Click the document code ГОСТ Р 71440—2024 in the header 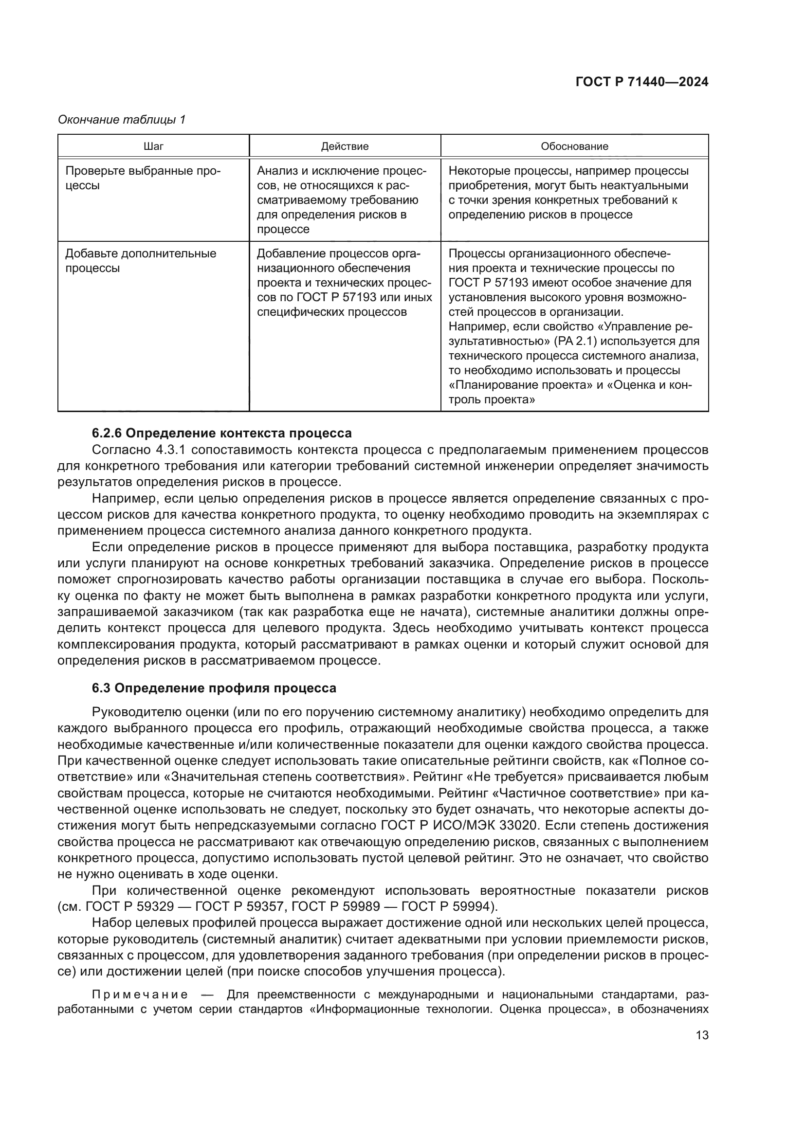pyautogui.click(x=641, y=82)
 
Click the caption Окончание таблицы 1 pyautogui.click(x=122, y=120)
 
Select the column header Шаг pyautogui.click(x=153, y=146)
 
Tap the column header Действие pyautogui.click(x=345, y=146)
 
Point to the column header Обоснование pyautogui.click(x=574, y=146)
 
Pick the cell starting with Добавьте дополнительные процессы pyautogui.click(x=141, y=261)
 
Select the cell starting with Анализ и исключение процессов pyautogui.click(x=342, y=200)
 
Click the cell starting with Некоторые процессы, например pyautogui.click(x=568, y=193)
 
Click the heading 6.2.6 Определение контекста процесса pyautogui.click(x=221, y=433)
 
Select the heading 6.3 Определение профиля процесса pyautogui.click(x=214, y=688)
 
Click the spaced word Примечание pyautogui.click(x=140, y=995)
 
